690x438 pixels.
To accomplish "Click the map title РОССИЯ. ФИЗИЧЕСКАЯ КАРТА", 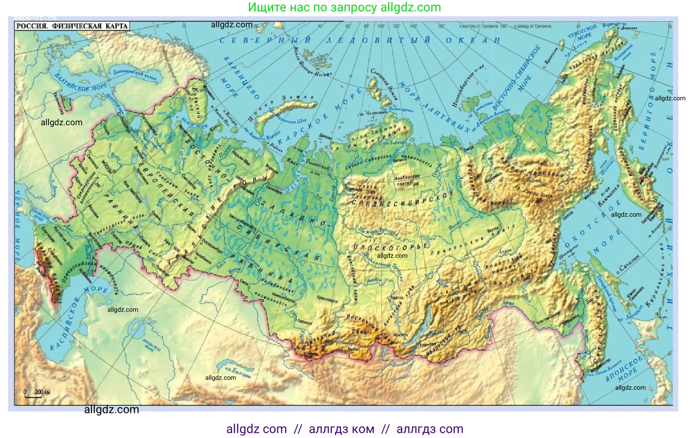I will [x=72, y=26].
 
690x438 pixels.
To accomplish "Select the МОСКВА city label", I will [x=107, y=167].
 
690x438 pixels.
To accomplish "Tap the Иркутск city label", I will [x=401, y=335].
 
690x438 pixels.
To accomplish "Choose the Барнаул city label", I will [x=305, y=322].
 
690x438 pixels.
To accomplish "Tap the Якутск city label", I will [x=493, y=231].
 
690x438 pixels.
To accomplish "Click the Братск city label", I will [x=397, y=298].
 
